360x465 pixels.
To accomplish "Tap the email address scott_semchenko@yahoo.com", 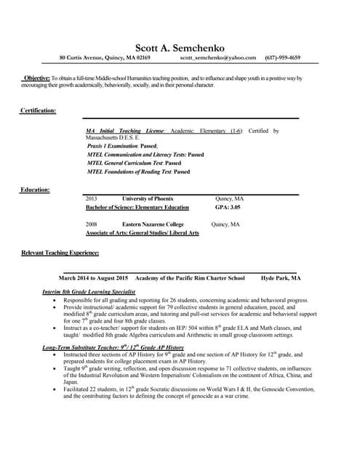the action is click(218, 57).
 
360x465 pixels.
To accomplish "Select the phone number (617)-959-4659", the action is click(282, 57).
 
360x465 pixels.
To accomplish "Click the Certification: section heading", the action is click(38, 110).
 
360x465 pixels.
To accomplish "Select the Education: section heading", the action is click(35, 190).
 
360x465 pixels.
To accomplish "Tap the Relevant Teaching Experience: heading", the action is click(60, 252).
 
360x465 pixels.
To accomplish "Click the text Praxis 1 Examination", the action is click(113, 145).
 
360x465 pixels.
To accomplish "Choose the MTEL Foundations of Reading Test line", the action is click(138, 171).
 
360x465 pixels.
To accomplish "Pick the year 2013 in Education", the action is click(92, 198).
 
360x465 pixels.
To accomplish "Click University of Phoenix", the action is click(148, 198).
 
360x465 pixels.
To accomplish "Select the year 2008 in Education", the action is click(92, 225).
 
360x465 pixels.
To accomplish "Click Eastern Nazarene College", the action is click(153, 225).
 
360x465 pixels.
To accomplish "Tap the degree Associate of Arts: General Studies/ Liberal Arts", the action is click(143, 232).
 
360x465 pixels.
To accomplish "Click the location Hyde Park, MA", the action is click(281, 278).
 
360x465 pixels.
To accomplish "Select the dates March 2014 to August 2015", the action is click(93, 278).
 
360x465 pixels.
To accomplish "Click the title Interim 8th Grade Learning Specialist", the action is click(89, 291).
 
